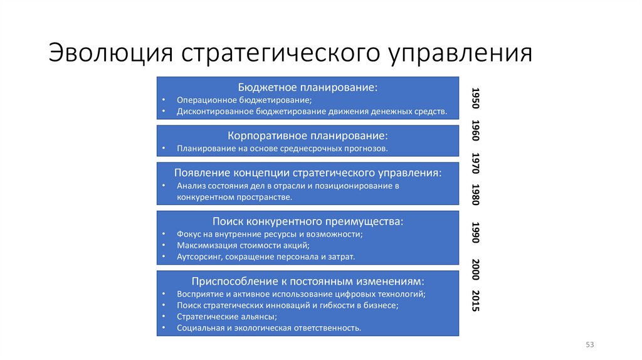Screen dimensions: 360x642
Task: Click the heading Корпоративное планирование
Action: click(x=307, y=135)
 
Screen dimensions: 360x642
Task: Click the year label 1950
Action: click(x=476, y=98)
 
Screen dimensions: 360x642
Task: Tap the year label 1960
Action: click(x=476, y=130)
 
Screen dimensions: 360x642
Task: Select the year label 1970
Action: click(x=476, y=163)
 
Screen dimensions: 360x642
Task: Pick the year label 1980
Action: click(x=476, y=195)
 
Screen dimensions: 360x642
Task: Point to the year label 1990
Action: click(x=476, y=232)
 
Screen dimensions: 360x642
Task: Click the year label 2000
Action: click(x=476, y=269)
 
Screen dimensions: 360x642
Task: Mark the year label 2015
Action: click(x=476, y=302)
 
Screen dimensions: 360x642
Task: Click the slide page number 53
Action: click(x=589, y=344)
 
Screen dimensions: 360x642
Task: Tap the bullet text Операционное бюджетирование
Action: click(x=244, y=100)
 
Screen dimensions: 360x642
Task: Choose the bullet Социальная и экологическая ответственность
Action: click(x=268, y=327)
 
